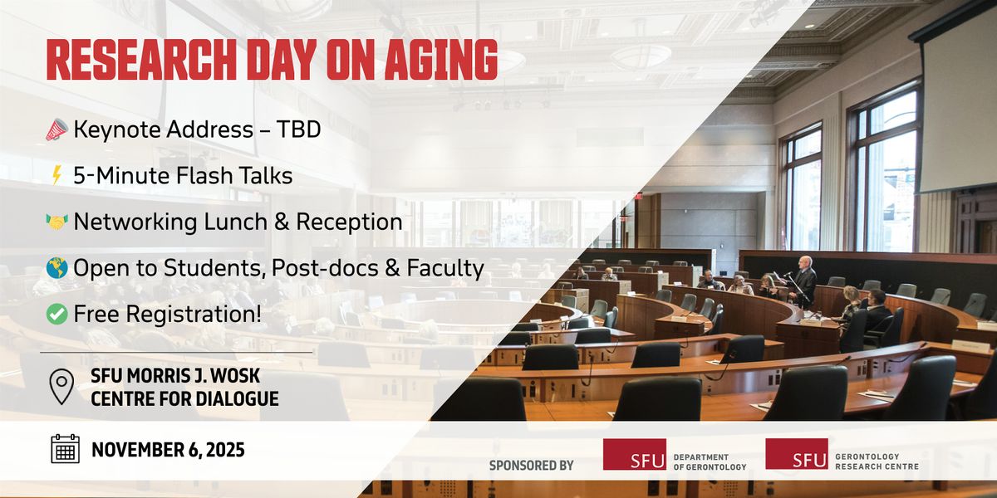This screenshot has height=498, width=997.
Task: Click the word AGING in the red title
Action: (441, 60)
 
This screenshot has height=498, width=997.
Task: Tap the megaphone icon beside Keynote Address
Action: (57, 129)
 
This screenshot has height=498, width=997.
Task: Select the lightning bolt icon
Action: (56, 175)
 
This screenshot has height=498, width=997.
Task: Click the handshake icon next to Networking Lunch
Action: (57, 222)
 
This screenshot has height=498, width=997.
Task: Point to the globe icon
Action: (57, 267)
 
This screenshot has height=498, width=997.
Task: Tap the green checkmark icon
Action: (57, 314)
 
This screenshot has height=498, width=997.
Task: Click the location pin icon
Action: (61, 387)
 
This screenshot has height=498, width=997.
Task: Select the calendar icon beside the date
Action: (65, 449)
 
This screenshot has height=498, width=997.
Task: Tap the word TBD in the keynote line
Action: (298, 129)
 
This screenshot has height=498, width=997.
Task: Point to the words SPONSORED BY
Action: (532, 466)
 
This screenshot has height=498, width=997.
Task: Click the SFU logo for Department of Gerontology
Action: (635, 455)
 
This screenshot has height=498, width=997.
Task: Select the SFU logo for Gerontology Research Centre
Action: (797, 453)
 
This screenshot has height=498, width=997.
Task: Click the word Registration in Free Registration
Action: (194, 315)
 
